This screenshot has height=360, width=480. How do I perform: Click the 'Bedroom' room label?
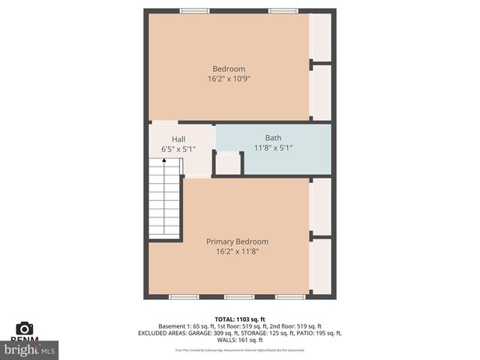pos(229,69)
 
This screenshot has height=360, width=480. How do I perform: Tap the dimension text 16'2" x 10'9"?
pos(229,78)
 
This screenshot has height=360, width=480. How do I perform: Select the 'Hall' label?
pos(178,139)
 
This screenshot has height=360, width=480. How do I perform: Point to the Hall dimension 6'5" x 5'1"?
pos(178,149)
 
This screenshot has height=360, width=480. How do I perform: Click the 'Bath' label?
pos(273,138)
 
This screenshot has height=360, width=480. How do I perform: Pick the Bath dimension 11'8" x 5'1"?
pos(273,148)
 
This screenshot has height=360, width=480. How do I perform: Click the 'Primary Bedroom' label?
pos(237,241)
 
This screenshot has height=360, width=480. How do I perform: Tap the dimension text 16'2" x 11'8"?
pos(237,251)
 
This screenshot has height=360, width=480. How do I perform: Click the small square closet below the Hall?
pos(228,163)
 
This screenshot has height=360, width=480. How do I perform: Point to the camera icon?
pos(25,328)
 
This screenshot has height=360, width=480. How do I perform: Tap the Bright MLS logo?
pos(30,350)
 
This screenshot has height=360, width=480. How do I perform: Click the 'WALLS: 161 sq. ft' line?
pos(240,340)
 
